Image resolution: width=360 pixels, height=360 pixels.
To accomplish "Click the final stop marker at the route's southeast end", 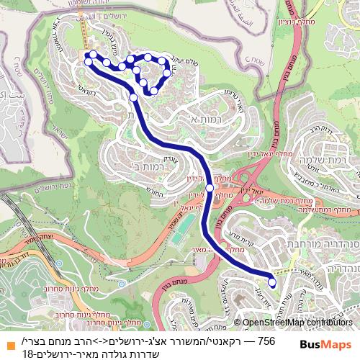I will coord(272,283).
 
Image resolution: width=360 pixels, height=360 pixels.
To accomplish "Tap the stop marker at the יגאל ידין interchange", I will coord(210,188).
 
